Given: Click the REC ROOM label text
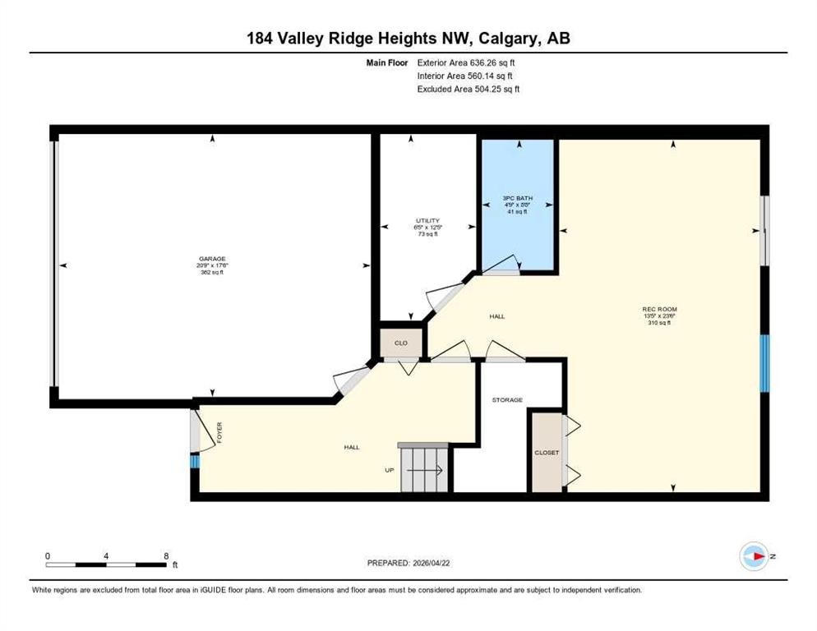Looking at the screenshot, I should pos(659,310).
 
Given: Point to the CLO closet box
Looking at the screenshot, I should pos(401,343).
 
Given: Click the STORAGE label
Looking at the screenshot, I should pos(507,399).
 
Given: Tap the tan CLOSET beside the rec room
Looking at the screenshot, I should pos(546,453).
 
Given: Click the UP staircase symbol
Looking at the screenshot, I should pos(425,470).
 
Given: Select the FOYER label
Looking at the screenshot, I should pos(219,432).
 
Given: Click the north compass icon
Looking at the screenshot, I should pos(753,556).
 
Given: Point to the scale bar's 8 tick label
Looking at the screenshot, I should pos(166,555).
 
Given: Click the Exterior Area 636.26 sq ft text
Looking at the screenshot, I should pos(466,62).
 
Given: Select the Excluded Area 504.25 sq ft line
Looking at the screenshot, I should pos(469,88).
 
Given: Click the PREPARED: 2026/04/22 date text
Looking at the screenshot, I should pos(408,563).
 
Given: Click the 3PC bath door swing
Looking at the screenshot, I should pos(502,265).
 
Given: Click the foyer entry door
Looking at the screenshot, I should pos(200,430).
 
